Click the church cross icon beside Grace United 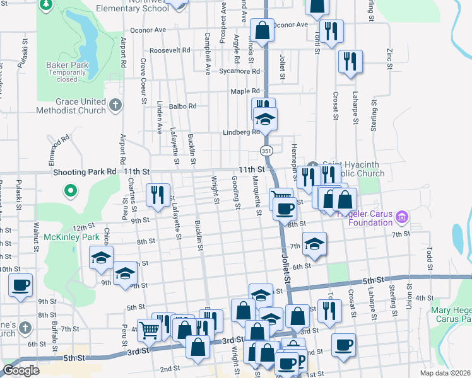click(115, 105)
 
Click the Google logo click(21, 370)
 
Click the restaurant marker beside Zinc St click(349, 61)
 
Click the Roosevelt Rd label click(169, 50)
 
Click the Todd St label click(429, 258)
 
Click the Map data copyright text click(444, 373)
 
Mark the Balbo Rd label click(183, 106)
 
